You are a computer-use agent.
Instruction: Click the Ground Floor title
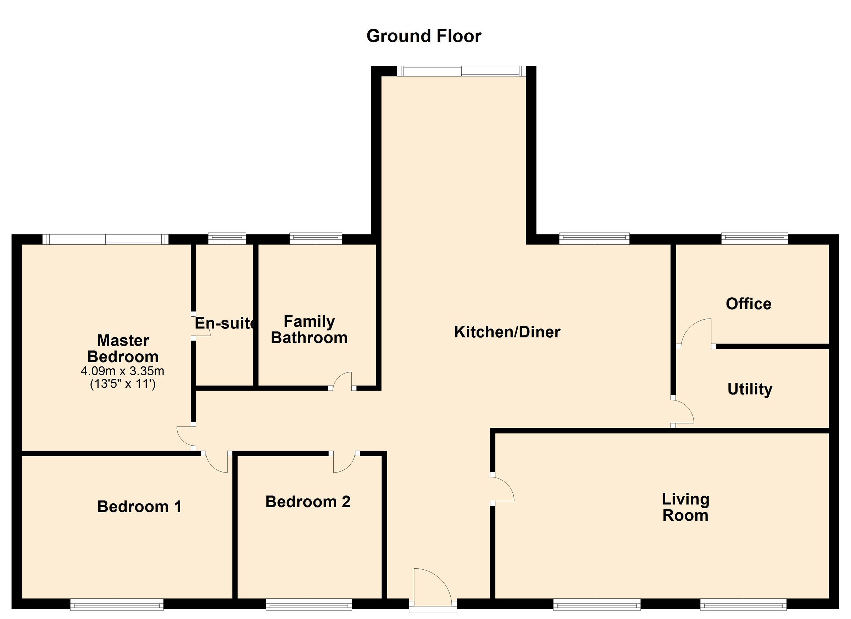pos(424,37)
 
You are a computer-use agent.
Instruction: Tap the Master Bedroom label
pos(123,348)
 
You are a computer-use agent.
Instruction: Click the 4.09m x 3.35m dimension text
pos(123,371)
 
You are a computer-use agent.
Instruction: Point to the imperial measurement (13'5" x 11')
pos(123,384)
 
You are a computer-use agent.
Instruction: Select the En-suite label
pos(225,323)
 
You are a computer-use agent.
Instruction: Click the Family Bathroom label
pos(309,330)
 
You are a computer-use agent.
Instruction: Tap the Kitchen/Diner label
pos(507,332)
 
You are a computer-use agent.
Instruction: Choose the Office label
pos(748,304)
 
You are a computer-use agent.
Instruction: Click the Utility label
pos(750,389)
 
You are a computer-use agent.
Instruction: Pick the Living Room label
pos(685,507)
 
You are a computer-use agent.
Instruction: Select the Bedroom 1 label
pos(139,507)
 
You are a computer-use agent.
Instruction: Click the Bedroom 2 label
pos(308,502)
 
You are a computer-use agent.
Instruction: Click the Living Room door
pos(502,488)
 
